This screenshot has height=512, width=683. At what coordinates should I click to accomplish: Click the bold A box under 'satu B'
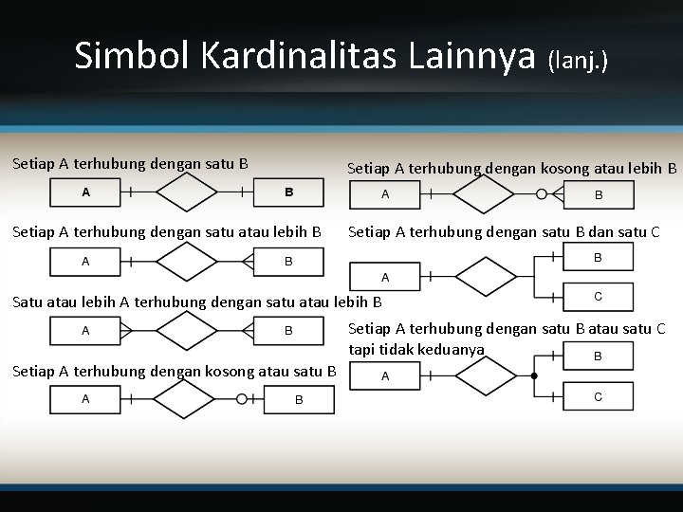point(85,192)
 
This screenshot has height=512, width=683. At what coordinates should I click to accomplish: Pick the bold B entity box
point(288,192)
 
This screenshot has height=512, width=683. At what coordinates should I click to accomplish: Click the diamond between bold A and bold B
point(187,192)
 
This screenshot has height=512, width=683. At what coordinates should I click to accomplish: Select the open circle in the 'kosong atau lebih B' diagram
point(542,194)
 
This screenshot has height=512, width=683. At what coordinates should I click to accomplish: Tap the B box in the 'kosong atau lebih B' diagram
point(598,195)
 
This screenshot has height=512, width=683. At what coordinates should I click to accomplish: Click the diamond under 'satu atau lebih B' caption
point(187,261)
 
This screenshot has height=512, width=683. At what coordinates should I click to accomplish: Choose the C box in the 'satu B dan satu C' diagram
point(598,297)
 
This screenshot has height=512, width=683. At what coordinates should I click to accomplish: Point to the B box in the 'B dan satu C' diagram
point(598,257)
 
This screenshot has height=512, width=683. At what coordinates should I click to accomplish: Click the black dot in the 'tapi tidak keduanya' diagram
point(534,376)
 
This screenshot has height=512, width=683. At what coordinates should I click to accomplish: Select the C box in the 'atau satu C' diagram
point(598,396)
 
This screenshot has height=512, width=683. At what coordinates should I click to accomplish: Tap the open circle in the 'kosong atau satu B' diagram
point(242,399)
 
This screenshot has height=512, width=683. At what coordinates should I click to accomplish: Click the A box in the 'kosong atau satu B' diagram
point(85,399)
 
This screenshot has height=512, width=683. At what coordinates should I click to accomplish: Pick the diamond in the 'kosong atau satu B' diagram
point(187,399)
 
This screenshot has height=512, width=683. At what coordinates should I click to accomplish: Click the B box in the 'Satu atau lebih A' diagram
point(288,331)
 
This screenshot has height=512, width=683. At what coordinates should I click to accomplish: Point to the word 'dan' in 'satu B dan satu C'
point(601,232)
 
